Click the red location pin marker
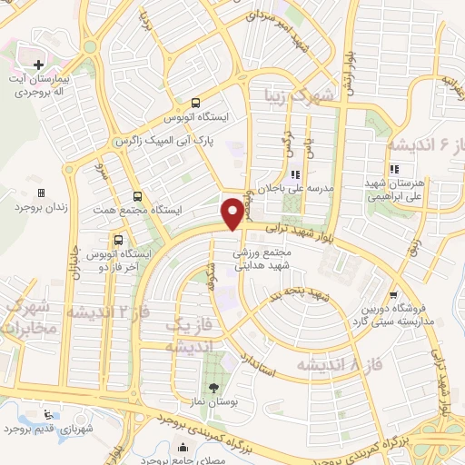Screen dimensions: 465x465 click(233, 212)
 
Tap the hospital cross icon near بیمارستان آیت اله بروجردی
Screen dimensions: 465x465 click(38, 64)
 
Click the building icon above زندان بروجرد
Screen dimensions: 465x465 click(40, 193)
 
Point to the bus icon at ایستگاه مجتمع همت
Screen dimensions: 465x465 click(137, 195)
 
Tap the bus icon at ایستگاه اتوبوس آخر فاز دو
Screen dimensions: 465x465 click(119, 240)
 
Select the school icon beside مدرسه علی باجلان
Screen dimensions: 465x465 click(294, 175)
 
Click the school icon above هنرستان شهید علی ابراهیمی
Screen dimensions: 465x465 click(393, 169)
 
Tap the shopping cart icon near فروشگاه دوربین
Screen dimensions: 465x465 click(391, 294)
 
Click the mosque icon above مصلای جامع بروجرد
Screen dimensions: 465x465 click(184, 447)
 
